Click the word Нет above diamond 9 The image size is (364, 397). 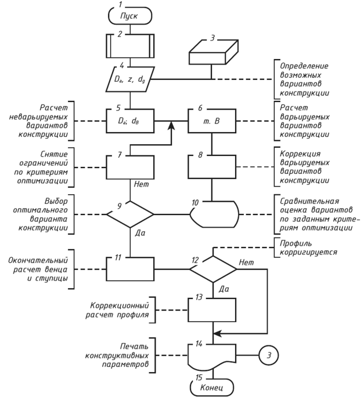click(141, 184)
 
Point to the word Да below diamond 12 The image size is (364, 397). click(224, 289)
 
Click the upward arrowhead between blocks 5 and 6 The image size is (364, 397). click(172, 125)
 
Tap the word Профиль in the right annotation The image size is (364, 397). click(295, 243)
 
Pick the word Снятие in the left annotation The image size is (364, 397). click(54, 154)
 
